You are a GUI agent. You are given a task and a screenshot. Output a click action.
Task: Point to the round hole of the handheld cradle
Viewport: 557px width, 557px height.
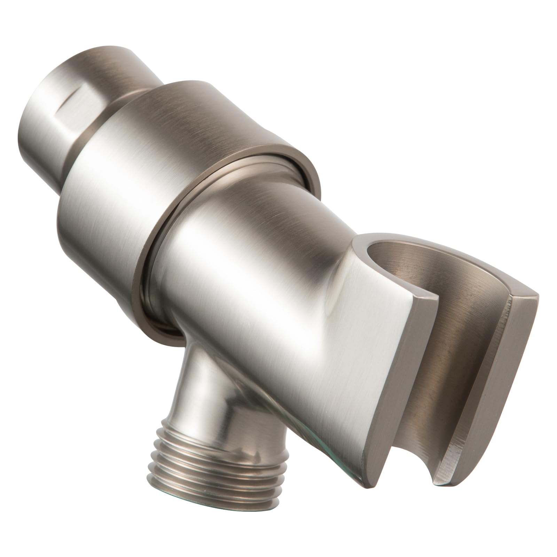pos(390,254)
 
